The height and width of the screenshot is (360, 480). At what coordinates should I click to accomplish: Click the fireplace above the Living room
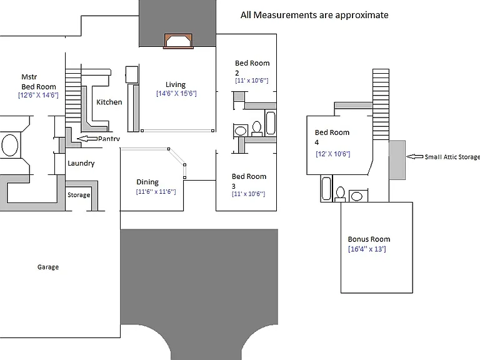[x=179, y=41]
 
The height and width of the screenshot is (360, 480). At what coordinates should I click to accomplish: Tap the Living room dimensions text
[x=176, y=93]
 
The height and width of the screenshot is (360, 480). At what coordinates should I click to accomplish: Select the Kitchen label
[x=109, y=102]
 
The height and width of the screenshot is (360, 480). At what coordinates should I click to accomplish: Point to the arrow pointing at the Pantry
[x=87, y=139]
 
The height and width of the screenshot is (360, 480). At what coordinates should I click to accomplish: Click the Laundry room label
[x=81, y=163]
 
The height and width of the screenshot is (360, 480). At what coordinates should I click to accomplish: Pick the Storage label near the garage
[x=79, y=195]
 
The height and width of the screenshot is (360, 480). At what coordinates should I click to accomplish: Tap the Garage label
[x=48, y=267]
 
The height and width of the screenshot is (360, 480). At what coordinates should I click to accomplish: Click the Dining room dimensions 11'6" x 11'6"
[x=156, y=192]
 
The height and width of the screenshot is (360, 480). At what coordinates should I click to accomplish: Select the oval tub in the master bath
[x=10, y=145]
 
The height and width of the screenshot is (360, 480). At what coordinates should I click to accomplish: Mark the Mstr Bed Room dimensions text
[x=38, y=95]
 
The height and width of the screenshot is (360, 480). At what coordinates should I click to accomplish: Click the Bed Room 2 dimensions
[x=252, y=80]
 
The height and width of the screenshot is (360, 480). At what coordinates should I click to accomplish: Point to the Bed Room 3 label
[x=249, y=181]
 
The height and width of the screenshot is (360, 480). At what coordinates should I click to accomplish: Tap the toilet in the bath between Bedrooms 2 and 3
[x=256, y=129]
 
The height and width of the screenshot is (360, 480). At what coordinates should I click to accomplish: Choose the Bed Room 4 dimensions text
[x=332, y=154]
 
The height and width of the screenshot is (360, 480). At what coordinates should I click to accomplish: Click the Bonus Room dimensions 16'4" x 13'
[x=367, y=249]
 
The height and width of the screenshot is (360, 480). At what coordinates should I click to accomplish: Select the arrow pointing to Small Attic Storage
[x=415, y=157]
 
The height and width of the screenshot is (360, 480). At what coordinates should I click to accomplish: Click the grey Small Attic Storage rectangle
[x=397, y=160]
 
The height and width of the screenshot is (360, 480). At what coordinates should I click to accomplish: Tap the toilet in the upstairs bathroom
[x=340, y=194]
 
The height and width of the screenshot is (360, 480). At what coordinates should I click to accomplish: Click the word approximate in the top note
[x=362, y=15]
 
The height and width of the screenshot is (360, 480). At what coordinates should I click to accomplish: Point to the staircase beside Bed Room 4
[x=381, y=104]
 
